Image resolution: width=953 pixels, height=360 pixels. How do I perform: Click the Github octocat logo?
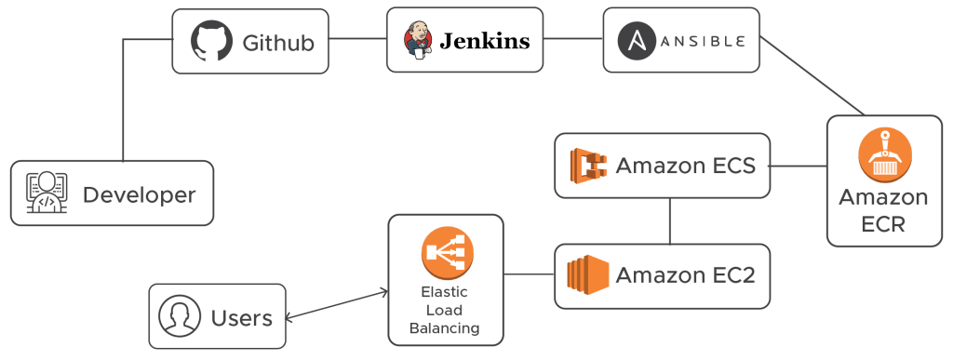point(210,42)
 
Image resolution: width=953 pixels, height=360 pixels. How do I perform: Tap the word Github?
point(277,43)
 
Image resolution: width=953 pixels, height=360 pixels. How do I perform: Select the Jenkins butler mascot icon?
point(418,41)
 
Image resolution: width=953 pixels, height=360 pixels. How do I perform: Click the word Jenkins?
point(484,41)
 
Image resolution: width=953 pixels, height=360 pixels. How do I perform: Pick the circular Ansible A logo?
point(638,41)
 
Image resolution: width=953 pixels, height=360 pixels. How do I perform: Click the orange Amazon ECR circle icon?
point(884,153)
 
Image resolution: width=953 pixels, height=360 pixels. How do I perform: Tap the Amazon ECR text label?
point(882,211)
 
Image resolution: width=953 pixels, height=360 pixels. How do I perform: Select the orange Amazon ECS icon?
point(588,166)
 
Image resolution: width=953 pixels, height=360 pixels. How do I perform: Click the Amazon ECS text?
point(684,167)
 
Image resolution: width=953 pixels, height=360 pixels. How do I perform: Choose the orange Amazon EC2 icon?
point(588,275)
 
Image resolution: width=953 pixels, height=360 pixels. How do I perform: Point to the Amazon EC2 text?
point(684,275)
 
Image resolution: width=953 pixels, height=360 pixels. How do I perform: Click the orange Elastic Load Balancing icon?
point(447,252)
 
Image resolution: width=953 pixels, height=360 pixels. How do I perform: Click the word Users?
point(241,318)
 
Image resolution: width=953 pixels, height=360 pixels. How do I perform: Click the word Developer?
point(140,195)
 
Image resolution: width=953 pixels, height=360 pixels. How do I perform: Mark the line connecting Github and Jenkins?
point(357,40)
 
